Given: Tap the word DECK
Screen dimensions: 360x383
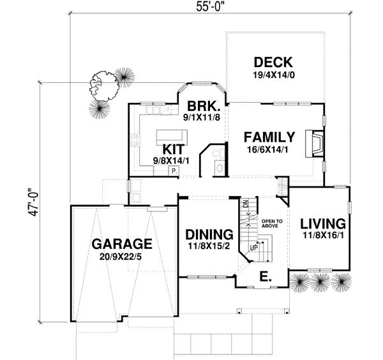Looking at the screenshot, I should pyautogui.click(x=273, y=63).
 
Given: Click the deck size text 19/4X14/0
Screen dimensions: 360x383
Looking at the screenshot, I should pyautogui.click(x=273, y=75).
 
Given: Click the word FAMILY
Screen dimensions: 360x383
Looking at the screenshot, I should pyautogui.click(x=269, y=137).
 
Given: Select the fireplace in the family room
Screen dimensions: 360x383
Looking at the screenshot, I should pyautogui.click(x=315, y=144).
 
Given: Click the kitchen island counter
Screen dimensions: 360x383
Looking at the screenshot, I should pyautogui.click(x=171, y=135).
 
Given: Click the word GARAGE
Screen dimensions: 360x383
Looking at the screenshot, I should pyautogui.click(x=121, y=244).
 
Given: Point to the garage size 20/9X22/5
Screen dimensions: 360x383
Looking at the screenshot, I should pyautogui.click(x=121, y=257).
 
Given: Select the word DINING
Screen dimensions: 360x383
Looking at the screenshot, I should pyautogui.click(x=207, y=234).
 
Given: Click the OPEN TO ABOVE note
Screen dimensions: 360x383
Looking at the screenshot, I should pyautogui.click(x=271, y=223).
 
